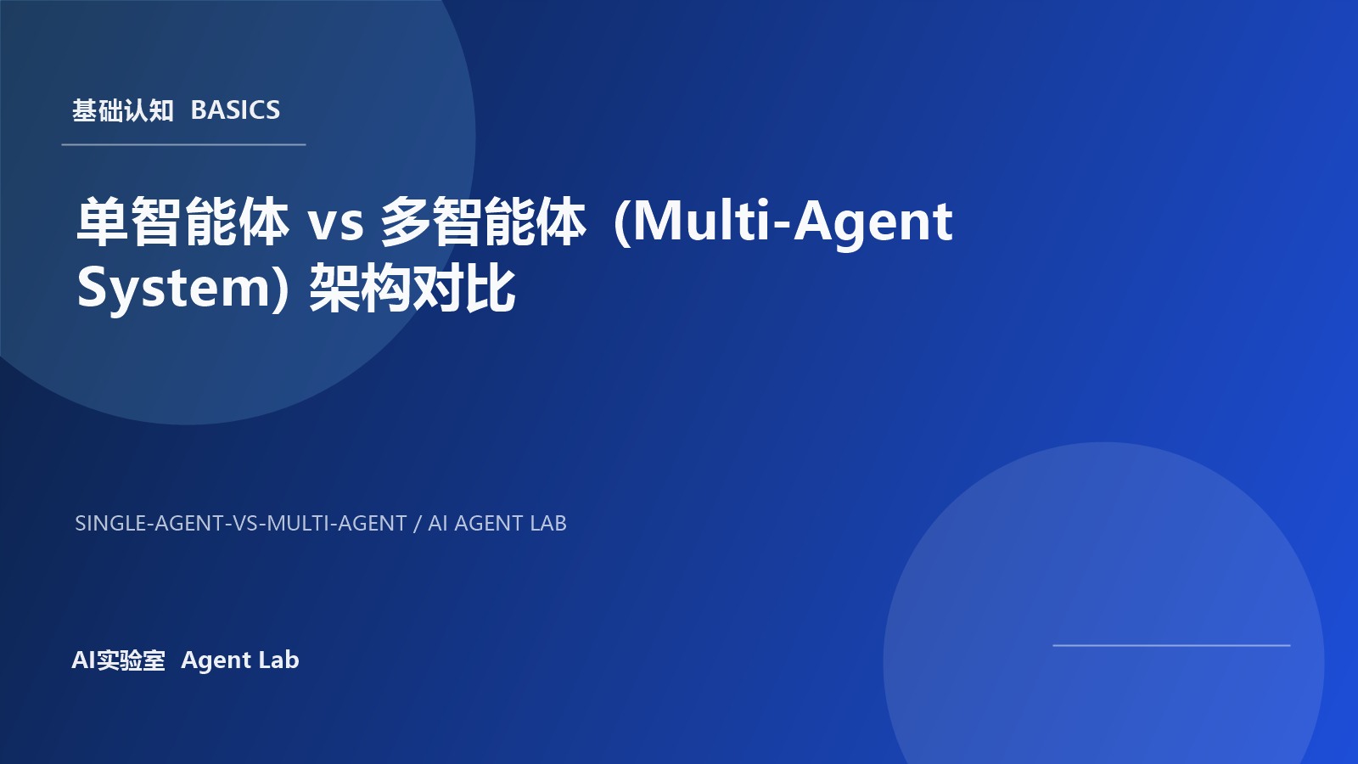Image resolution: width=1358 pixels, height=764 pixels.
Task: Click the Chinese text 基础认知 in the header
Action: click(x=123, y=110)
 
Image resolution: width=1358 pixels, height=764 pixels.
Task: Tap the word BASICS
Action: click(x=235, y=110)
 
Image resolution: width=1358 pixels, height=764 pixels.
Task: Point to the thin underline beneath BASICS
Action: click(x=183, y=145)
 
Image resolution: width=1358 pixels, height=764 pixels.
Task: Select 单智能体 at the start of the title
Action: click(x=182, y=222)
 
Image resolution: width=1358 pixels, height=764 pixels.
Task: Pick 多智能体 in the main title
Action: click(x=483, y=222)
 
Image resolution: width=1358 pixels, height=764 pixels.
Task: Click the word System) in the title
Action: click(x=183, y=288)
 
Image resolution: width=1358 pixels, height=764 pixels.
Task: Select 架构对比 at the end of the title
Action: click(x=412, y=288)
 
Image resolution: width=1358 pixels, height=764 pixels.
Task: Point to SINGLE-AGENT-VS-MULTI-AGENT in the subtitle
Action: click(x=241, y=524)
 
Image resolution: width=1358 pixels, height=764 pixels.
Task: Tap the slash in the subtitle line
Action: click(x=417, y=524)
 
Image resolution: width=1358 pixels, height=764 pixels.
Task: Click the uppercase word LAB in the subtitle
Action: click(x=547, y=524)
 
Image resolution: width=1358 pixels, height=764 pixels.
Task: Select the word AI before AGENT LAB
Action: click(x=437, y=524)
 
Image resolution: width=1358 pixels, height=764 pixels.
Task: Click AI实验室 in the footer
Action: click(x=118, y=660)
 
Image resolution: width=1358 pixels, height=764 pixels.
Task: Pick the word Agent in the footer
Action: click(x=216, y=660)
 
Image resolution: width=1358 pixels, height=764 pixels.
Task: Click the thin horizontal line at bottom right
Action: click(x=1171, y=645)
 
